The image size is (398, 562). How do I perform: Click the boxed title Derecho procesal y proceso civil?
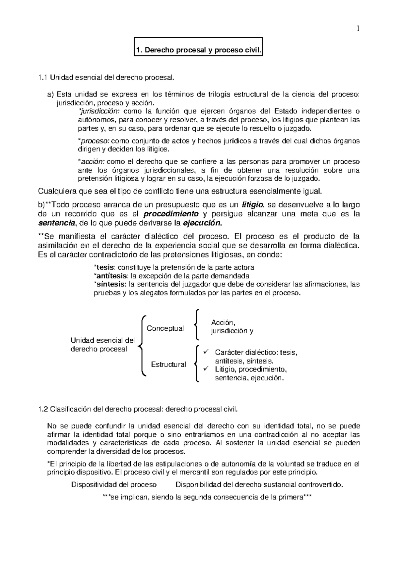point(198,51)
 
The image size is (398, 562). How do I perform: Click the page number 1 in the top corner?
point(358,29)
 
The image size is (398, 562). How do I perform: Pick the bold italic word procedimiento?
point(172,214)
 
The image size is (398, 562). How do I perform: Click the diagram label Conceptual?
point(165,328)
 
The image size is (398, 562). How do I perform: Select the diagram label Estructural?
point(168,365)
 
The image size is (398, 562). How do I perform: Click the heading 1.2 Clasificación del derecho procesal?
point(138,409)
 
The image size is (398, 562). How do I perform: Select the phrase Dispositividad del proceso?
point(114,485)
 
